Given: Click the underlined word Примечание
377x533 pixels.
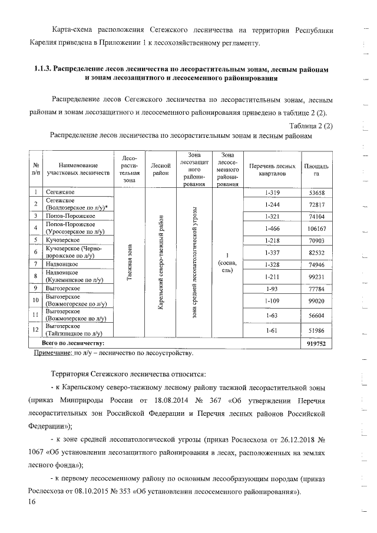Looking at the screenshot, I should coord(50,353).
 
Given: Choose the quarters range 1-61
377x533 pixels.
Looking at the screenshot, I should coord(271,331).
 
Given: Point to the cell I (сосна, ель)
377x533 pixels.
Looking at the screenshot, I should coord(226,262).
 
